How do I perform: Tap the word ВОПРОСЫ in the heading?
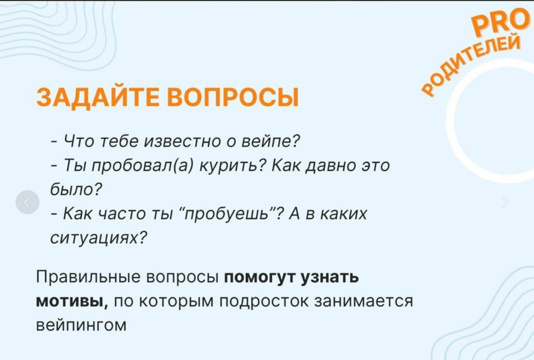pos(233,97)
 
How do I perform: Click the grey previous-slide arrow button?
pos(27,202)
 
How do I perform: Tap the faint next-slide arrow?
pos(505,202)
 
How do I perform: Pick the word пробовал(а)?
pos(143,166)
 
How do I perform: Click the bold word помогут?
pos(260,278)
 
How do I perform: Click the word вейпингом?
pos(81,325)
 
